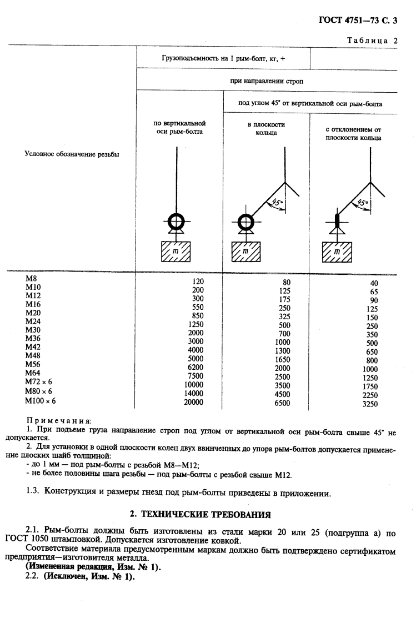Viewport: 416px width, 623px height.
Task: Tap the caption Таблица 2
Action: click(372, 40)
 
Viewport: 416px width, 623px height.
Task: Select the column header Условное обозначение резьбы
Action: click(72, 154)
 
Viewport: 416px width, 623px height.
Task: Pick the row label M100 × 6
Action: click(41, 400)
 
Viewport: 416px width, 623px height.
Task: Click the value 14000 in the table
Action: click(193, 391)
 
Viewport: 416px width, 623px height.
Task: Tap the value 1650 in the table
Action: click(282, 359)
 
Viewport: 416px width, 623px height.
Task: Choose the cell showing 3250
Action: click(369, 404)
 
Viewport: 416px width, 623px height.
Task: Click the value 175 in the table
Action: click(284, 299)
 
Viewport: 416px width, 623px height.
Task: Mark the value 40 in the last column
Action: click(373, 283)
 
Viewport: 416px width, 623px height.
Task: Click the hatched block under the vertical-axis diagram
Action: click(176, 252)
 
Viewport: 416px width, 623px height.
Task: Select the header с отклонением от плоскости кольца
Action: click(353, 133)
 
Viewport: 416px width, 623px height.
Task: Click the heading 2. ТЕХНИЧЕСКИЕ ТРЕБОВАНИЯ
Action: click(208, 514)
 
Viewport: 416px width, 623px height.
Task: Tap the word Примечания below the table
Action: click(59, 421)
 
